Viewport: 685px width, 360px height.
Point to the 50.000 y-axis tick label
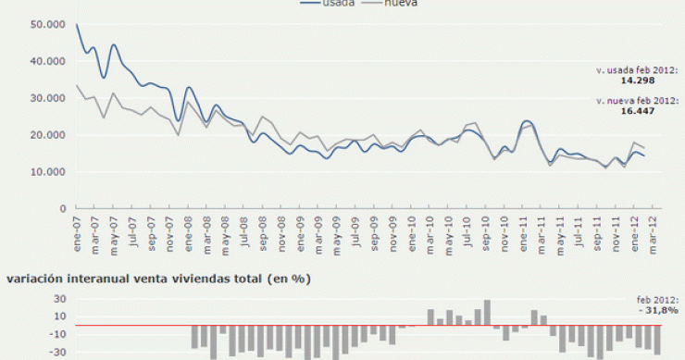[48, 25]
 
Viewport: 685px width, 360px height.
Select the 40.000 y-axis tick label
[48, 61]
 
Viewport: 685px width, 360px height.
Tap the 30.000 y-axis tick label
[48, 98]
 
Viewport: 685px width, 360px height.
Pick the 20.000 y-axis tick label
[48, 135]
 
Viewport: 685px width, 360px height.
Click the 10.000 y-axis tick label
[48, 172]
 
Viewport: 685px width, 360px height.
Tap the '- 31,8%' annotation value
[661, 311]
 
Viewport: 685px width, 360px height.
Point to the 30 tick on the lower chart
[58, 299]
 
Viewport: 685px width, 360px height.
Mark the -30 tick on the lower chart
[56, 352]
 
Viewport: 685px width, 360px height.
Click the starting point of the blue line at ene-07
[77, 25]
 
